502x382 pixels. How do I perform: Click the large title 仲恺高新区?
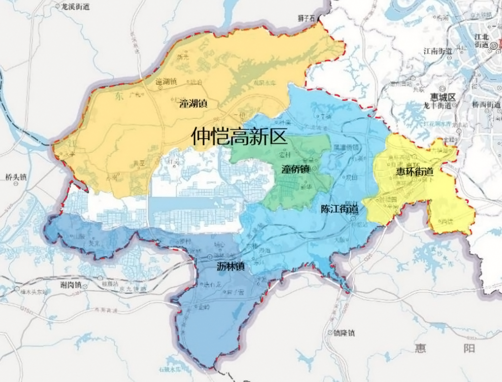pyautogui.click(x=239, y=136)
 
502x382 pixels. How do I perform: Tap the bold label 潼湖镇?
pyautogui.click(x=193, y=104)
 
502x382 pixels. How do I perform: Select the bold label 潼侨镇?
pyautogui.click(x=295, y=169)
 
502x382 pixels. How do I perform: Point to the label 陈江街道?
pyautogui.click(x=339, y=209)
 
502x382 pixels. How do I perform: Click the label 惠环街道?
pyautogui.click(x=414, y=172)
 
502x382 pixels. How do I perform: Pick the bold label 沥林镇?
pyautogui.click(x=230, y=266)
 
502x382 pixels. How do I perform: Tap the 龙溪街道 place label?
pyautogui.click(x=76, y=7)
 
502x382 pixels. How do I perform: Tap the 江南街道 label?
pyautogui.click(x=438, y=50)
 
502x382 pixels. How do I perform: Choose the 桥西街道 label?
pyautogui.click(x=486, y=104)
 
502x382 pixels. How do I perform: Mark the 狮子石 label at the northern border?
pyautogui.click(x=306, y=19)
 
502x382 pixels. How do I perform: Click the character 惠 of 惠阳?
pyautogui.click(x=420, y=348)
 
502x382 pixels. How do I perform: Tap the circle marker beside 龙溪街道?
pyautogui.click(x=58, y=7)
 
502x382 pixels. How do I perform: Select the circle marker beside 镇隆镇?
pyautogui.click(x=330, y=333)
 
